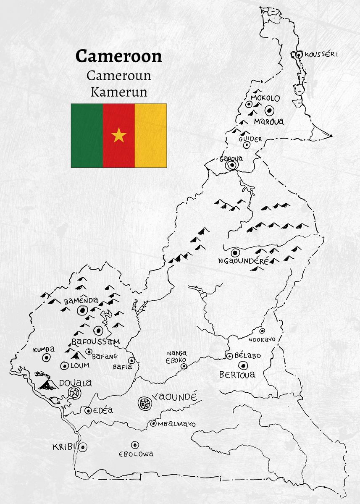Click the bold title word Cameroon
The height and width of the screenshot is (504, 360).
pyautogui.click(x=118, y=56)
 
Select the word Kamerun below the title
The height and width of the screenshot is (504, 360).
pyautogui.click(x=118, y=91)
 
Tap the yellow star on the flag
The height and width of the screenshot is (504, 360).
pyautogui.click(x=119, y=136)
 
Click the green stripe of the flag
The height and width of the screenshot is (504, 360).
pyautogui.click(x=87, y=136)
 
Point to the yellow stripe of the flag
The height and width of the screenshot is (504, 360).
pyautogui.click(x=150, y=136)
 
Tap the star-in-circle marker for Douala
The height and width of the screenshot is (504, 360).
pyautogui.click(x=75, y=393)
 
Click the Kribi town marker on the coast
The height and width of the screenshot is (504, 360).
pyautogui.click(x=83, y=447)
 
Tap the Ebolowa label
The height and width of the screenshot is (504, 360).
pyautogui.click(x=136, y=454)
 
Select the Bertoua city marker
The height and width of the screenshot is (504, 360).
pyautogui.click(x=242, y=365)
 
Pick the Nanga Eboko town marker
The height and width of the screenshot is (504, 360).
pyautogui.click(x=184, y=366)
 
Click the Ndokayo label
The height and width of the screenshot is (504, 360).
pyautogui.click(x=261, y=339)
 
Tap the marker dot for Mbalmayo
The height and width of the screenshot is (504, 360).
pyautogui.click(x=153, y=424)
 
